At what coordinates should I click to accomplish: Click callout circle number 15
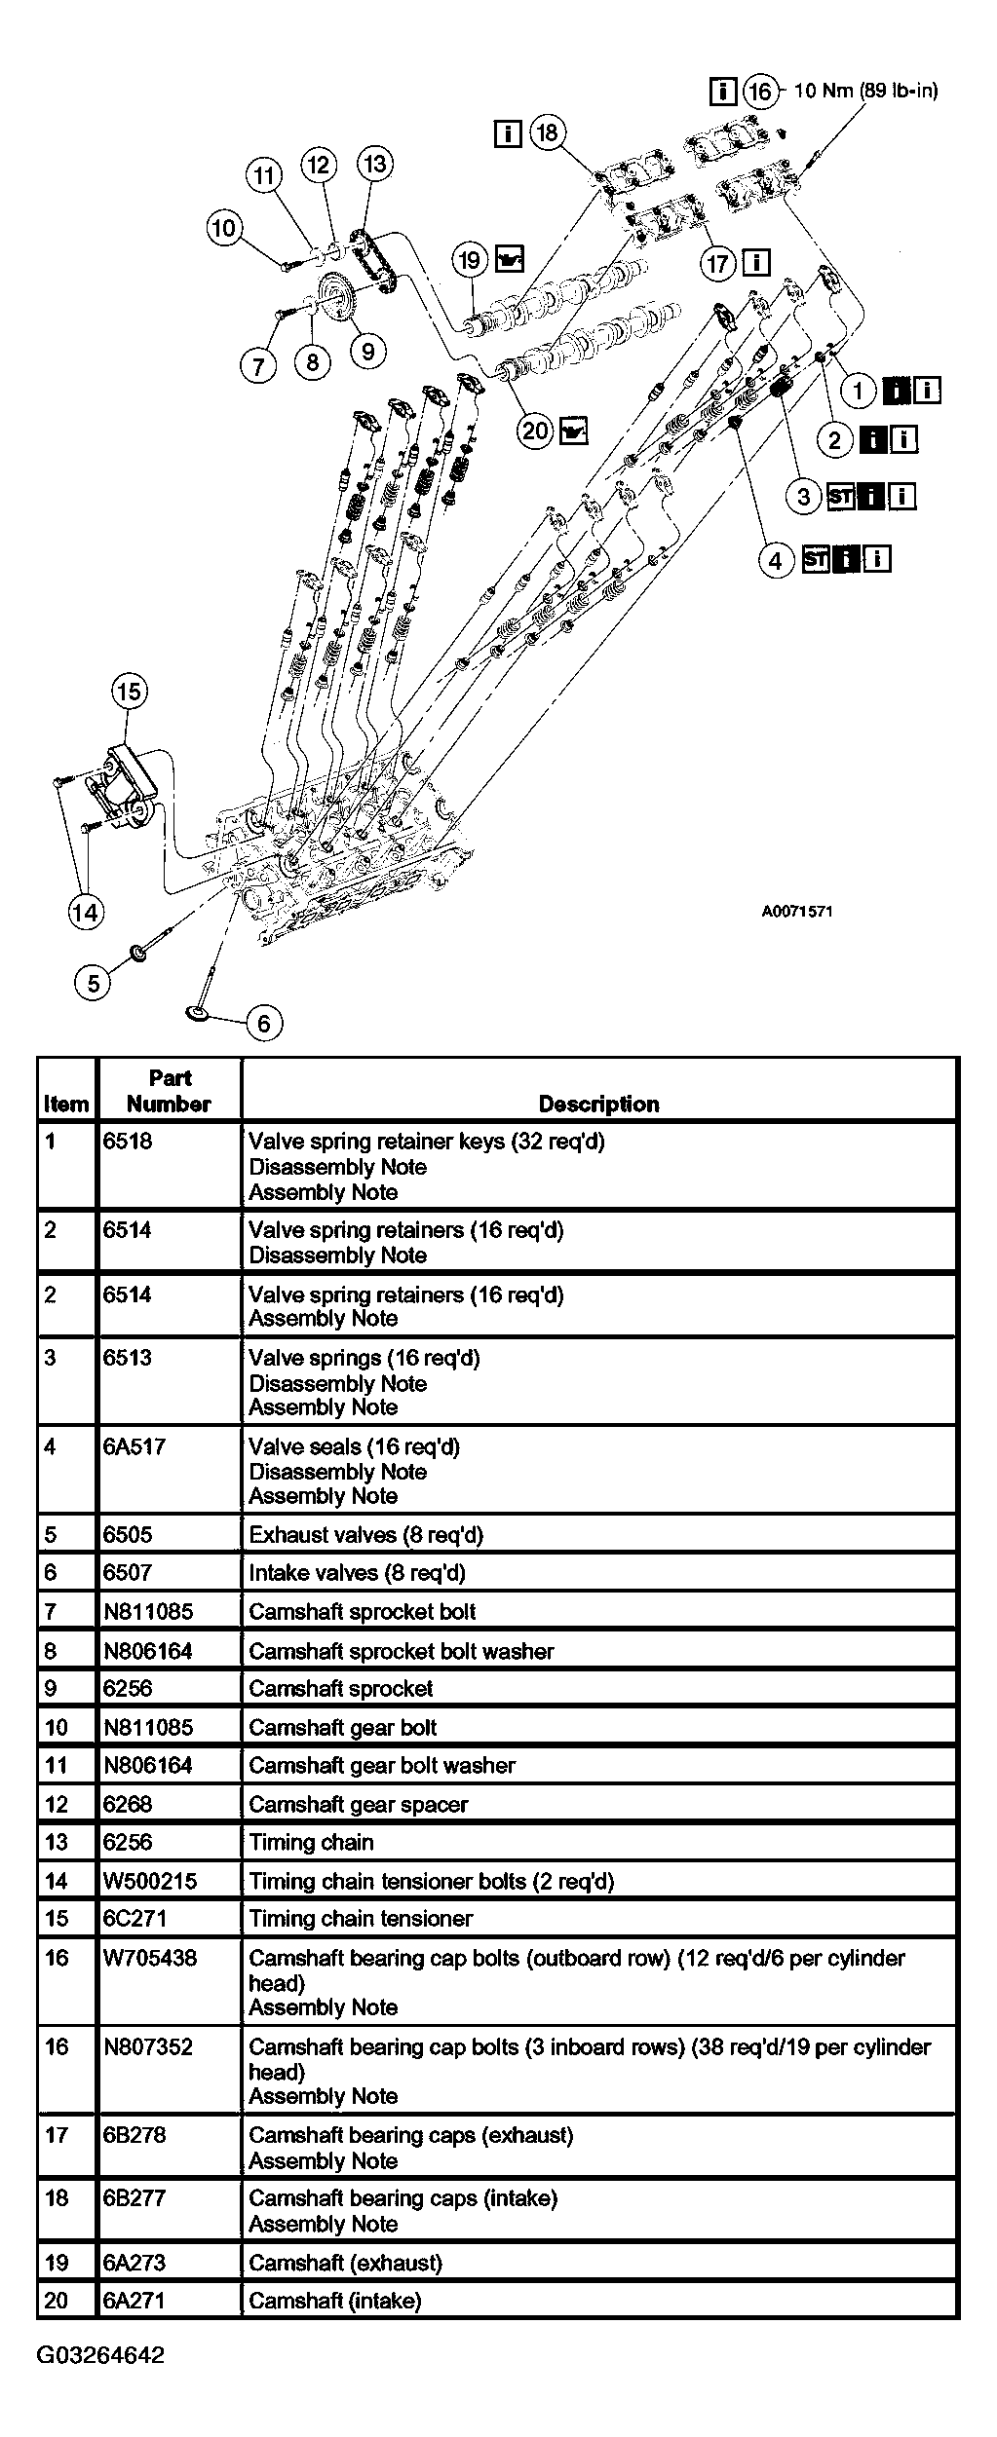point(129,692)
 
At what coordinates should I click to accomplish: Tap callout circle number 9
point(367,350)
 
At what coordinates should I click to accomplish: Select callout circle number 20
point(535,430)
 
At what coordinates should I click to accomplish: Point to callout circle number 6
point(264,1023)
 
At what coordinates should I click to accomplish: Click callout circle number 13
point(374,164)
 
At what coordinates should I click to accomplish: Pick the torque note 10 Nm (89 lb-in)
point(865,91)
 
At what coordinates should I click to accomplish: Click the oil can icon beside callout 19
point(509,259)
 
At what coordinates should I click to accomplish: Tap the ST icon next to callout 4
point(816,560)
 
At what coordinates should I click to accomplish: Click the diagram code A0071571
point(796,912)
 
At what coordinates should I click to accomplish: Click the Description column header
point(598,1104)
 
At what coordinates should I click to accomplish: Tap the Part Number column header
point(169,1091)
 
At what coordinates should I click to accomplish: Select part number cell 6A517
point(134,1447)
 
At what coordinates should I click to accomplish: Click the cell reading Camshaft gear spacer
point(358,1804)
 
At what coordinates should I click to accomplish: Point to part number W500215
point(150,1881)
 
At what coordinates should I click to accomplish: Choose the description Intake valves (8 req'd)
point(357,1572)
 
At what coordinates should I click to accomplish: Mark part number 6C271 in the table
point(134,1918)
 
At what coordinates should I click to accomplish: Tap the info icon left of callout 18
point(508,132)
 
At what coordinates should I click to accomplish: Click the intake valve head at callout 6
point(200,1014)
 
